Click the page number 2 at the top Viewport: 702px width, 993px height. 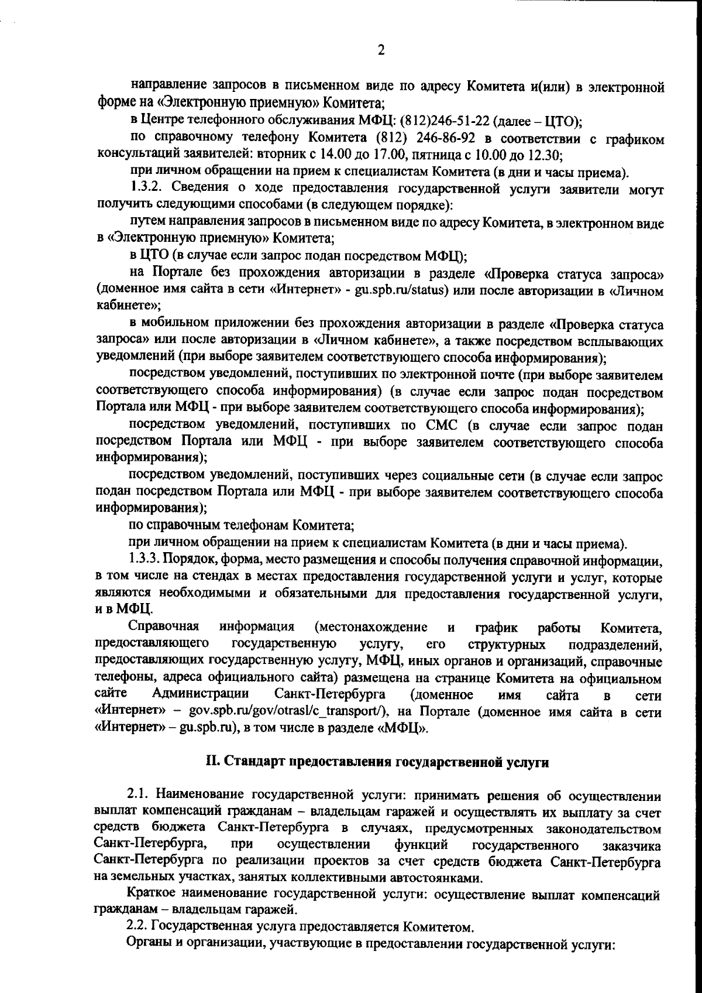tap(381, 50)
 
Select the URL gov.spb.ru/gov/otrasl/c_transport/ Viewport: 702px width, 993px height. tap(285, 713)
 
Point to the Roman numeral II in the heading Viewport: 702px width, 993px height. tap(211, 762)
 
